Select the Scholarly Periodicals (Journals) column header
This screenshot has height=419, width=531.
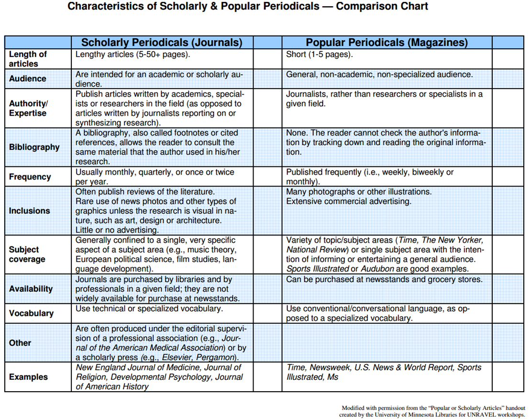pyautogui.click(x=162, y=43)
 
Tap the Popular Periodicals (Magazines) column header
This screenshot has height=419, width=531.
pyautogui.click(x=387, y=43)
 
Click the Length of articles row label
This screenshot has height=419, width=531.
pyautogui.click(x=28, y=59)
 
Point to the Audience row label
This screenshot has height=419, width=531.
pyautogui.click(x=28, y=79)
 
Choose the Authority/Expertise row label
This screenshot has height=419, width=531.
pyautogui.click(x=29, y=109)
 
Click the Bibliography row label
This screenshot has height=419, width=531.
pyautogui.click(x=34, y=147)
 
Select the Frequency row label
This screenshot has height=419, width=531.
pyautogui.click(x=30, y=177)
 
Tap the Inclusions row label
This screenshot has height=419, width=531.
pyautogui.click(x=29, y=211)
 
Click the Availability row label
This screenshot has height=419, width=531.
pyautogui.click(x=31, y=289)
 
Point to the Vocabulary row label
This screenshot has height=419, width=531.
pyautogui.click(x=31, y=313)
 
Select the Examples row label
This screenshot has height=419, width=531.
pyautogui.click(x=28, y=377)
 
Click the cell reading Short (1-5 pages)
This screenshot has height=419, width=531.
pyautogui.click(x=319, y=55)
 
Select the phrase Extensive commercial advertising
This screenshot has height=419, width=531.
pyautogui.click(x=348, y=201)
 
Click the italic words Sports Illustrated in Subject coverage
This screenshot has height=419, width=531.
pyautogui.click(x=318, y=269)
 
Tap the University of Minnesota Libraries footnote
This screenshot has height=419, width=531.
pyautogui.click(x=432, y=411)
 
